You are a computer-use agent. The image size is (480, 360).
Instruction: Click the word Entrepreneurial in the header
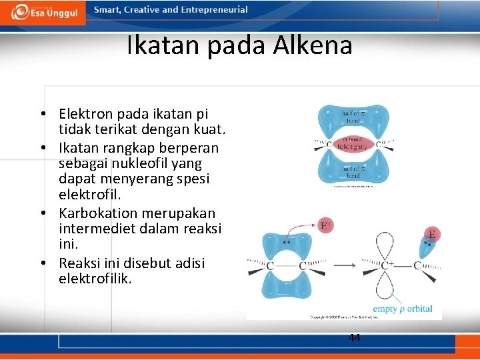(215, 10)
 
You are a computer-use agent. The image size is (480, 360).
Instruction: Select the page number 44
(355, 338)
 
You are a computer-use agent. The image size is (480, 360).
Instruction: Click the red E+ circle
(327, 227)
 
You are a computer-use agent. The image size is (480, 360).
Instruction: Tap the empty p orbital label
(403, 309)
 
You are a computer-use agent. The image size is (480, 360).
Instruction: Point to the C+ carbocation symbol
(386, 265)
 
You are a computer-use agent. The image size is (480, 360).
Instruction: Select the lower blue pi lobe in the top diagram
(353, 171)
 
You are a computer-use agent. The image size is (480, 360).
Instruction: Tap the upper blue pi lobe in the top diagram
(353, 117)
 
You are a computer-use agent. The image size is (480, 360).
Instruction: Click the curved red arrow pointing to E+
(300, 230)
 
